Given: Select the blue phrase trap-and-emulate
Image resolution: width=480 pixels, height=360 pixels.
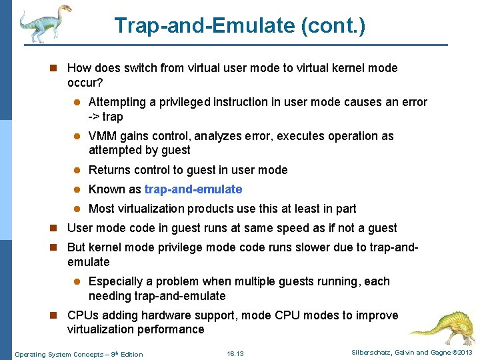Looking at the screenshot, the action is click(193, 189).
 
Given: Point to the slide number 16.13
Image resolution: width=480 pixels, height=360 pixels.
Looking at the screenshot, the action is click(235, 353).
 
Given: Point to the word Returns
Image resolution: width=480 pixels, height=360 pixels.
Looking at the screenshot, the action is click(109, 170).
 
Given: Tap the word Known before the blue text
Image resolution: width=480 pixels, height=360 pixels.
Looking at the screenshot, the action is click(107, 189).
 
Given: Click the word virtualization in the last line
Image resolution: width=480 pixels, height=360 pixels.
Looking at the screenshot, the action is click(101, 329).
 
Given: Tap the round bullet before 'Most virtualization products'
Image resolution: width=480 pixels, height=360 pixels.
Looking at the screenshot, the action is click(77, 209).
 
